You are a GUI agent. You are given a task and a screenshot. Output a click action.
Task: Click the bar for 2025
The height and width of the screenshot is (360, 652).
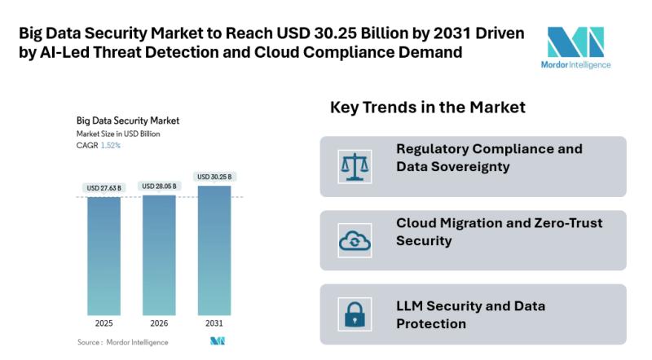pos(104,256)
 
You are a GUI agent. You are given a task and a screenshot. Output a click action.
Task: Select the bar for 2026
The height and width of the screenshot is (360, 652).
pos(159,254)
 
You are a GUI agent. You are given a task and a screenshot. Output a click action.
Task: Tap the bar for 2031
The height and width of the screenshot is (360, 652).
pos(214,250)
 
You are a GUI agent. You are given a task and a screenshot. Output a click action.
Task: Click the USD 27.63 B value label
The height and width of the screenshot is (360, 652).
pos(104,189)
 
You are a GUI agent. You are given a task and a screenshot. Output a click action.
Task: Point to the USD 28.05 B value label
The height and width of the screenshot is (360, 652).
pos(159,186)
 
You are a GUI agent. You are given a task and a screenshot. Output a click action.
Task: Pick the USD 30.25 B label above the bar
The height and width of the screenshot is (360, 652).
pos(214,177)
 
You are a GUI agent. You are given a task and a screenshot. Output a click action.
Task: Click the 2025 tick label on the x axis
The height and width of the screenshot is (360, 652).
pos(104,323)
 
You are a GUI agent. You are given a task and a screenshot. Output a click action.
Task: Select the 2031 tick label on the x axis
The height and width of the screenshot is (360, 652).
pos(214,323)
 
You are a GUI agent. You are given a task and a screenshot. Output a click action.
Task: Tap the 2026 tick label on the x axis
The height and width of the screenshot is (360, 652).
pos(159,323)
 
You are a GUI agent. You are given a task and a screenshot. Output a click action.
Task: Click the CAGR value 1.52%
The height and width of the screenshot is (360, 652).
pos(110,146)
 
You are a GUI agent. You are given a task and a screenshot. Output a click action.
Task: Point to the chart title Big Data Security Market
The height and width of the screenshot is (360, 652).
pos(127,121)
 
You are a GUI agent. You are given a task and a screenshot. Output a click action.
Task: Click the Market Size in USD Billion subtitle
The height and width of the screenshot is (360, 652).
pos(117,134)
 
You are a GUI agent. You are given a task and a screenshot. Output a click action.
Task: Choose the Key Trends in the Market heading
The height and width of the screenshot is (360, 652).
pos(427,108)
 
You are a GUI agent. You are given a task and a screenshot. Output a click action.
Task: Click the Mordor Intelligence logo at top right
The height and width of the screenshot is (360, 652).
pos(576,46)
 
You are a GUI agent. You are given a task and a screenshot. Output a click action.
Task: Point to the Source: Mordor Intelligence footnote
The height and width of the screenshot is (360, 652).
pos(122,342)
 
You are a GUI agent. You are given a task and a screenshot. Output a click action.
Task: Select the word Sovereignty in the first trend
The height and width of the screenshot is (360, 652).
pos(466,166)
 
